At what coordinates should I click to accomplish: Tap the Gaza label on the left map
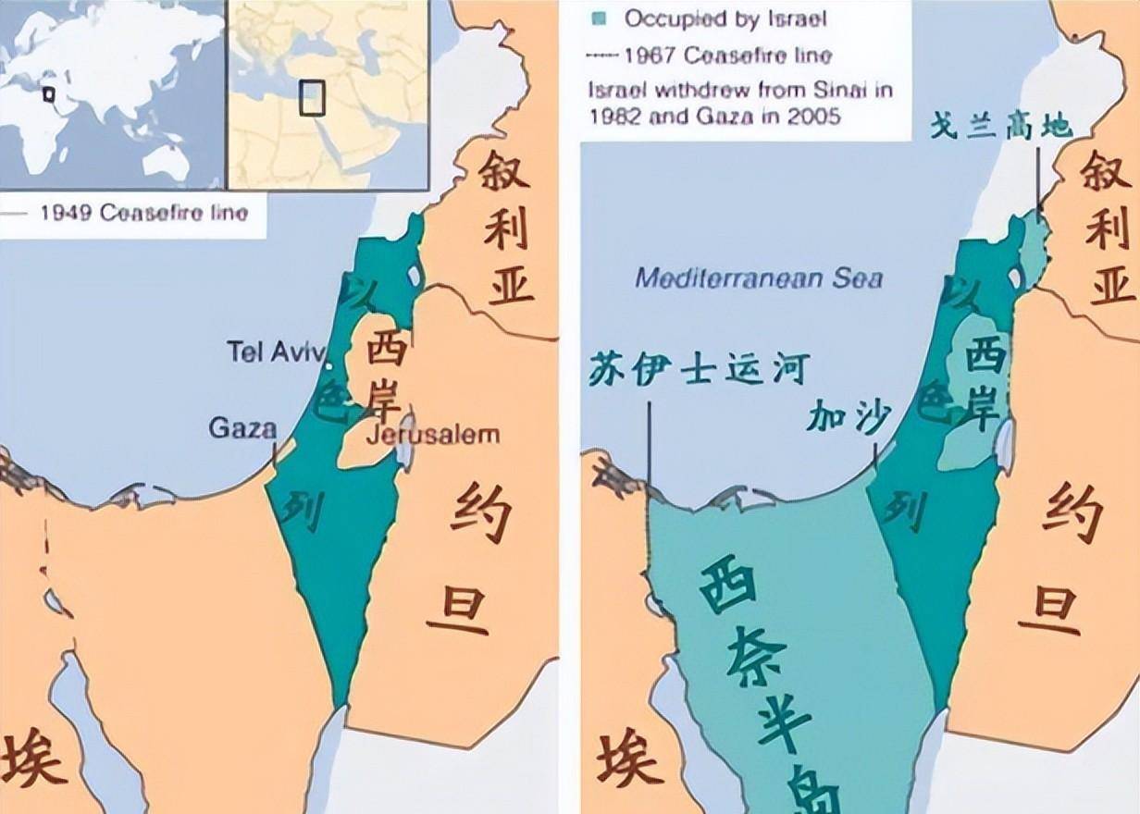click(242, 427)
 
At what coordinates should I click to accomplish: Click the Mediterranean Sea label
click(759, 277)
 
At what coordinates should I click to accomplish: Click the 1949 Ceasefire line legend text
click(143, 213)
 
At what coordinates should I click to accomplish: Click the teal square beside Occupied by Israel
click(601, 18)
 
